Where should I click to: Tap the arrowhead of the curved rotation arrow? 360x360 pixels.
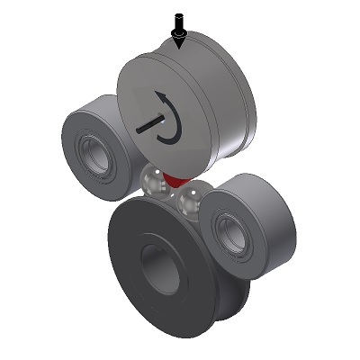point(162,95)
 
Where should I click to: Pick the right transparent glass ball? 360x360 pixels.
point(189,199)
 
